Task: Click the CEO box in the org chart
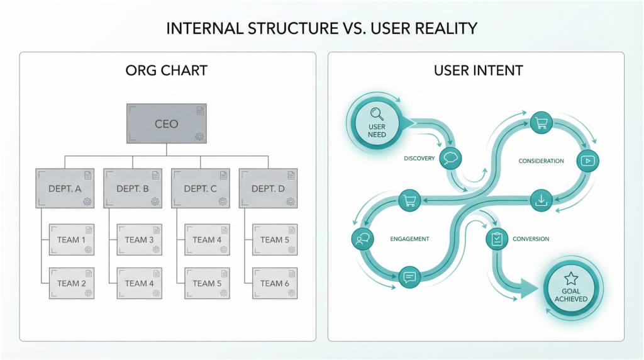point(167,124)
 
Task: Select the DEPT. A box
point(65,188)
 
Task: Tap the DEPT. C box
point(200,188)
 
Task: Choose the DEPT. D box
point(268,188)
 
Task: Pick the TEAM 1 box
point(72,240)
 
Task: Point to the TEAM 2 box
point(72,283)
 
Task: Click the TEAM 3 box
point(140,240)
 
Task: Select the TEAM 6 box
point(275,283)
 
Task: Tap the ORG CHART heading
point(167,70)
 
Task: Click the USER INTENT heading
point(478,70)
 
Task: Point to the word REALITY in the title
point(439,28)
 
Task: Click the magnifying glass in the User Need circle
point(377,114)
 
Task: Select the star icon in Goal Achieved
point(570,278)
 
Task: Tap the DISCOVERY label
point(419,159)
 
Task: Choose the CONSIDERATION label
point(541,161)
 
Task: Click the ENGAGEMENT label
point(409,239)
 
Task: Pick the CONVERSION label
point(531,239)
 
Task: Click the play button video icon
point(589,160)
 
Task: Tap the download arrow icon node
point(540,201)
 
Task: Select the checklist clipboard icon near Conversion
point(496,239)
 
